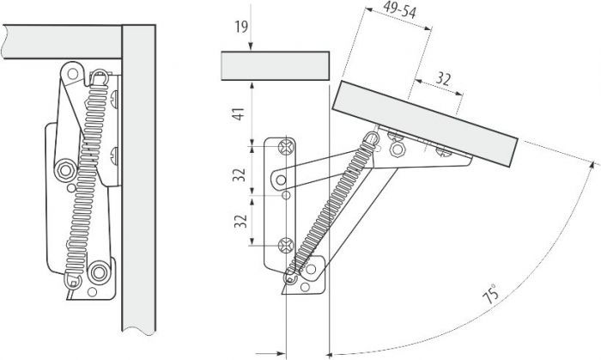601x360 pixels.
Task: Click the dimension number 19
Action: click(x=241, y=27)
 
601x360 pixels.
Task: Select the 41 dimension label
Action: click(x=239, y=114)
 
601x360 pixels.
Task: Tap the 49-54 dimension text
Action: click(x=399, y=9)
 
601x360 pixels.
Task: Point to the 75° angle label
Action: click(x=491, y=293)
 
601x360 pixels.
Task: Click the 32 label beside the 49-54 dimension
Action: click(x=443, y=78)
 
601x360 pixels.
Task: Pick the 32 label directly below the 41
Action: click(x=240, y=174)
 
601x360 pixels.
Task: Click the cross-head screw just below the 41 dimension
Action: click(x=286, y=146)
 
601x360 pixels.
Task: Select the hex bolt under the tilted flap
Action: click(x=397, y=149)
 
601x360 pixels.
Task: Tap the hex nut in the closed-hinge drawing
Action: click(x=65, y=170)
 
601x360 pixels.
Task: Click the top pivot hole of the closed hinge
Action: click(x=73, y=73)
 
